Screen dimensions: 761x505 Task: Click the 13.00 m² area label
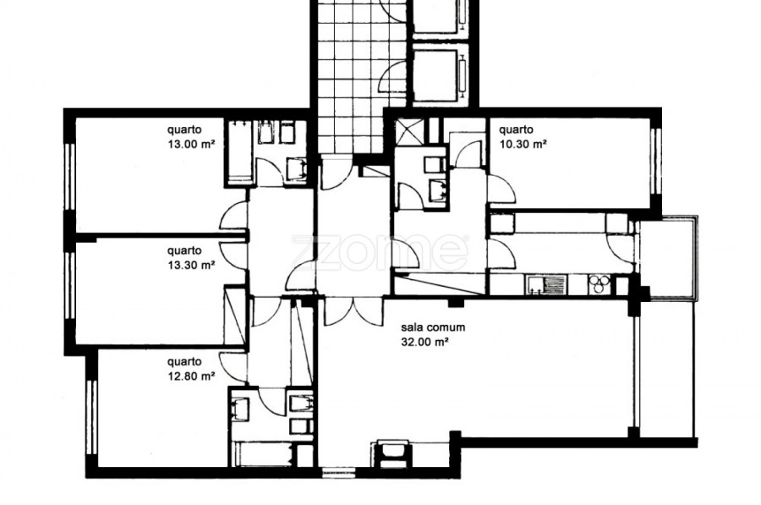[x=191, y=144]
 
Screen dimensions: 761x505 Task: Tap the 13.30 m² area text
[x=191, y=265]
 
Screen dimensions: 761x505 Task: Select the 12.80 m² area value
[x=191, y=376]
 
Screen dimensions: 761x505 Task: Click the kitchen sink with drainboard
[x=545, y=285]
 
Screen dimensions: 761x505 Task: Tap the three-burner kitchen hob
[x=599, y=284]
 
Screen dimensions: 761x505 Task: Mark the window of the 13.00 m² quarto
[x=70, y=178]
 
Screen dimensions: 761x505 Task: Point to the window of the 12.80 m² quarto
[x=91, y=418]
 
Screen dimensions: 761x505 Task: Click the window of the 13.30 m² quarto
[x=70, y=286]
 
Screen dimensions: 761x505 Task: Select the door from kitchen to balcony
[x=621, y=249]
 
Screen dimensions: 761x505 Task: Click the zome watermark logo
[x=380, y=253]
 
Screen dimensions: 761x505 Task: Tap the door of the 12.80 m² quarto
[x=234, y=365]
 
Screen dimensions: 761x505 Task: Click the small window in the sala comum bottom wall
[x=339, y=470]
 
